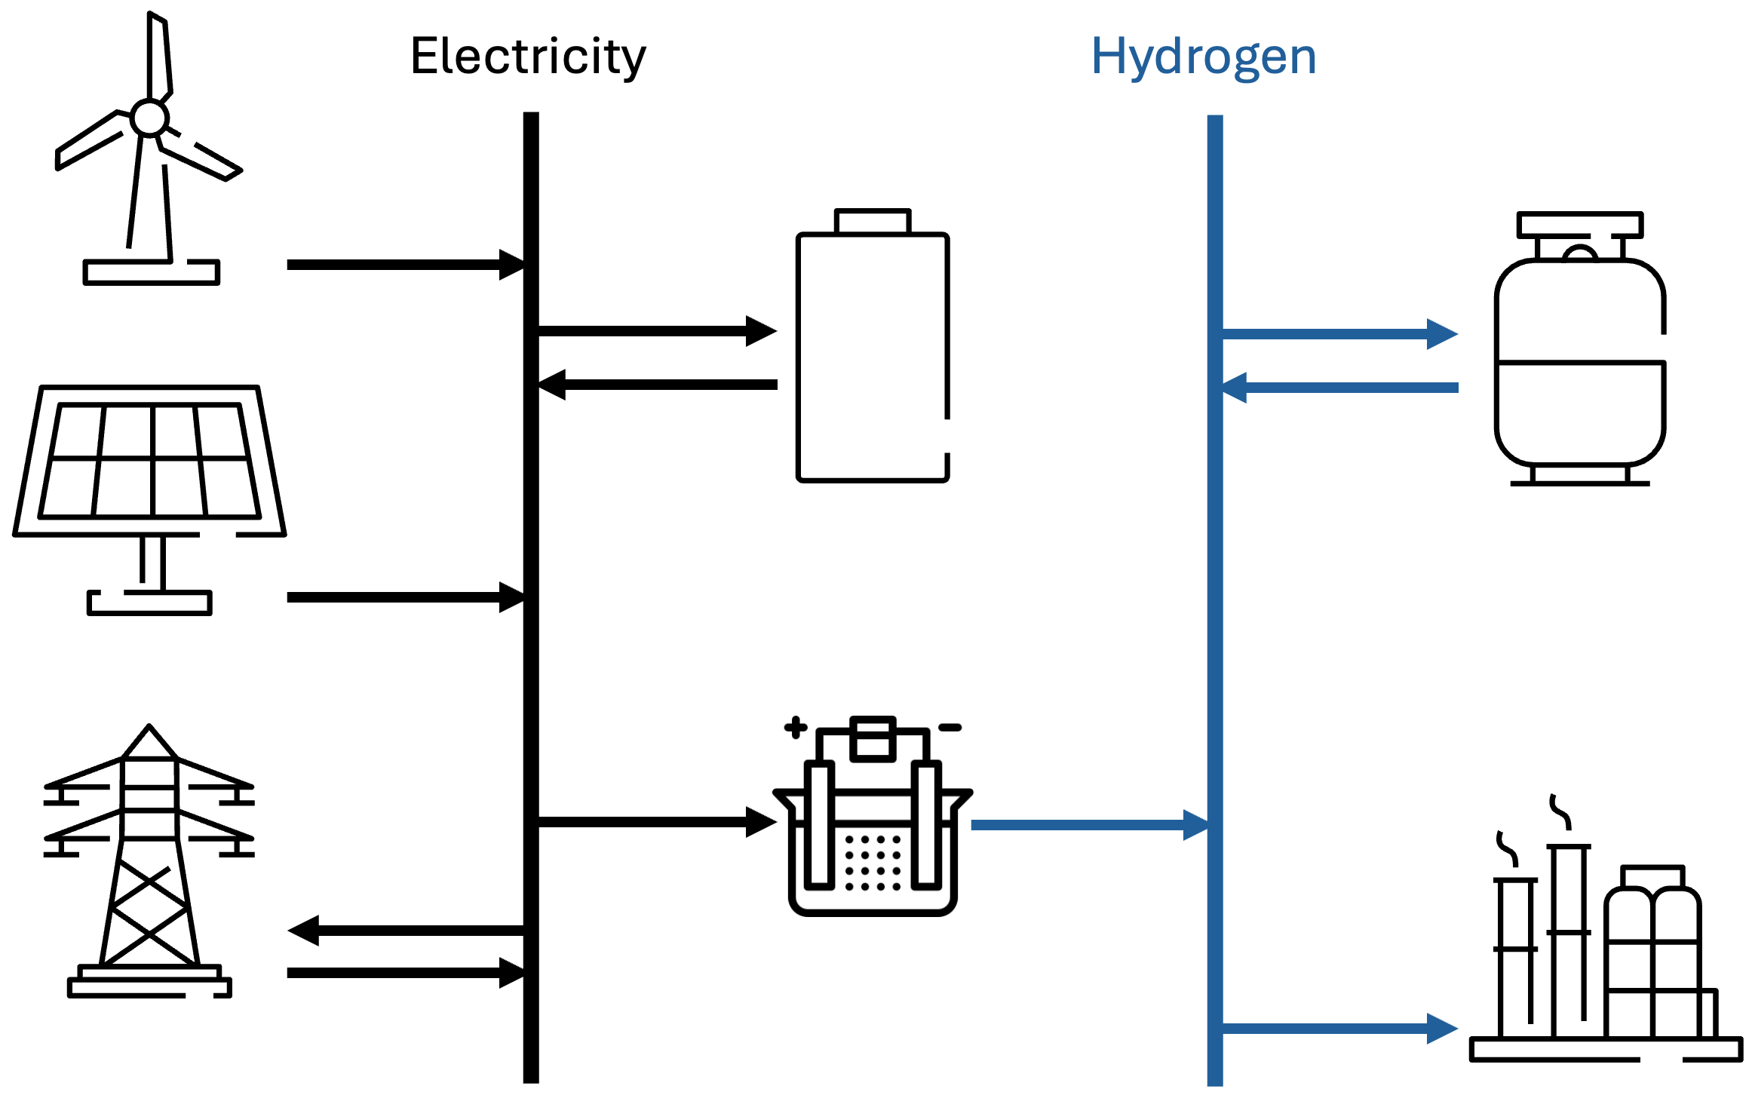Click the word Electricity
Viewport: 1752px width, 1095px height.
pyautogui.click(x=528, y=57)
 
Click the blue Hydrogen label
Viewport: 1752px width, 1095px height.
pyautogui.click(x=1204, y=58)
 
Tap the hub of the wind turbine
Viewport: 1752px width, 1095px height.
pyautogui.click(x=149, y=118)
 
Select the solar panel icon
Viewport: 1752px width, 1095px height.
pyautogui.click(x=149, y=500)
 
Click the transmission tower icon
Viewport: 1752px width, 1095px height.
pyautogui.click(x=149, y=860)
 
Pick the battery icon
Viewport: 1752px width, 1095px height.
pyautogui.click(x=873, y=345)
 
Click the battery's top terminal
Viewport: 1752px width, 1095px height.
pyautogui.click(x=873, y=221)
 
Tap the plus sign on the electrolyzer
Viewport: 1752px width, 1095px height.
pyautogui.click(x=796, y=728)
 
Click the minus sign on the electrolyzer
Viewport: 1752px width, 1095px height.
pyautogui.click(x=950, y=728)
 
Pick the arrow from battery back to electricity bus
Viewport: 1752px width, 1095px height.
pyautogui.click(x=656, y=385)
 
